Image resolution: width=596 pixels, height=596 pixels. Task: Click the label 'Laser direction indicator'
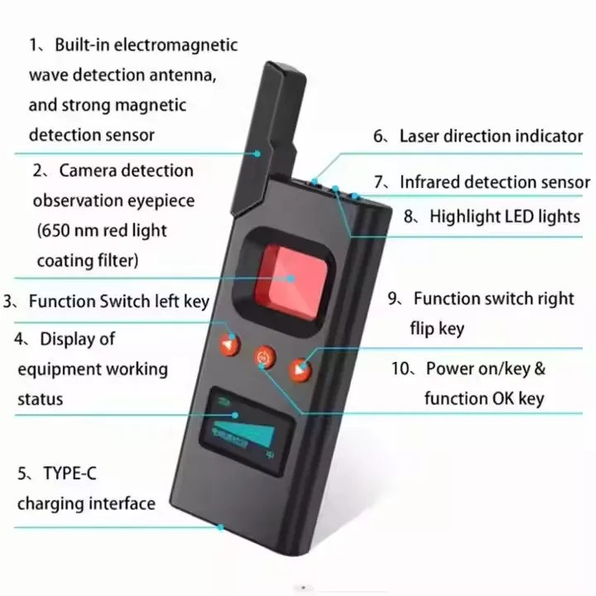(491, 136)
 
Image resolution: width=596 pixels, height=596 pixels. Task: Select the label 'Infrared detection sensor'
(494, 182)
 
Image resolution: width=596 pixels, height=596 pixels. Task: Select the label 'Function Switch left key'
(118, 301)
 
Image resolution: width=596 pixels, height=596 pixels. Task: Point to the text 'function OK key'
(483, 399)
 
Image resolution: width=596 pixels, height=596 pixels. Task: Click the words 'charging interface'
(86, 503)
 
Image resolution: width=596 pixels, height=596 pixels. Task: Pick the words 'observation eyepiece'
(114, 201)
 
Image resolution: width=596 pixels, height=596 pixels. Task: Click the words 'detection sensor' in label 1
(91, 134)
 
